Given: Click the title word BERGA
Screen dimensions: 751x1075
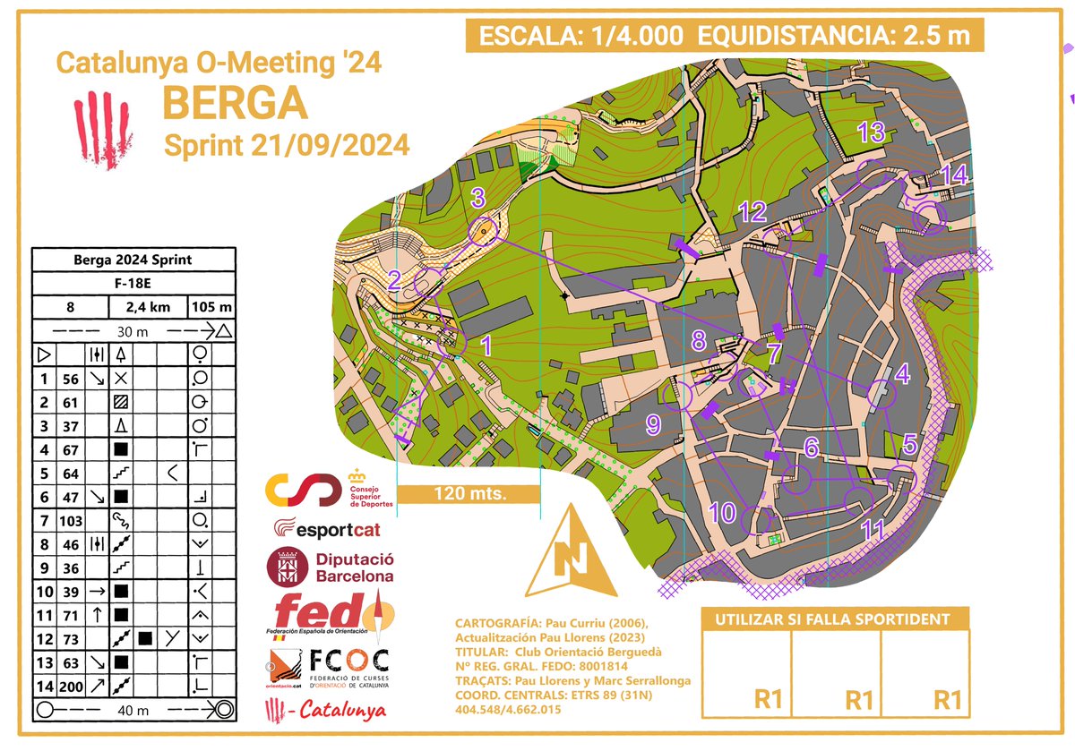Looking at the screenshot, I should click(x=235, y=103).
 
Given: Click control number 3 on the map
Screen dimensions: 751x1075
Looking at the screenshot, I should click(x=478, y=197).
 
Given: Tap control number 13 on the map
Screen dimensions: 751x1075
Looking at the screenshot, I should click(x=871, y=132).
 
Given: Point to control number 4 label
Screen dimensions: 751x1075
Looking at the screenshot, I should click(x=903, y=373).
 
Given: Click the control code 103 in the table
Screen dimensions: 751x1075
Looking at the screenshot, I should click(x=72, y=520).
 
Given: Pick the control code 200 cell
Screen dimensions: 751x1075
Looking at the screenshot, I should click(x=72, y=687).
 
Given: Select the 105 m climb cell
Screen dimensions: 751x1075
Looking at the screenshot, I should click(x=211, y=307).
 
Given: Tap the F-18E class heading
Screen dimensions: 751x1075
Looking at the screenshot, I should click(x=133, y=284).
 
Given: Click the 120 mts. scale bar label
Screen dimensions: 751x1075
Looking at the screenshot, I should click(x=469, y=493).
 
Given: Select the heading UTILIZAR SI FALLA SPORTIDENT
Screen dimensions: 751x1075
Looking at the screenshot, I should click(x=833, y=619).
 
